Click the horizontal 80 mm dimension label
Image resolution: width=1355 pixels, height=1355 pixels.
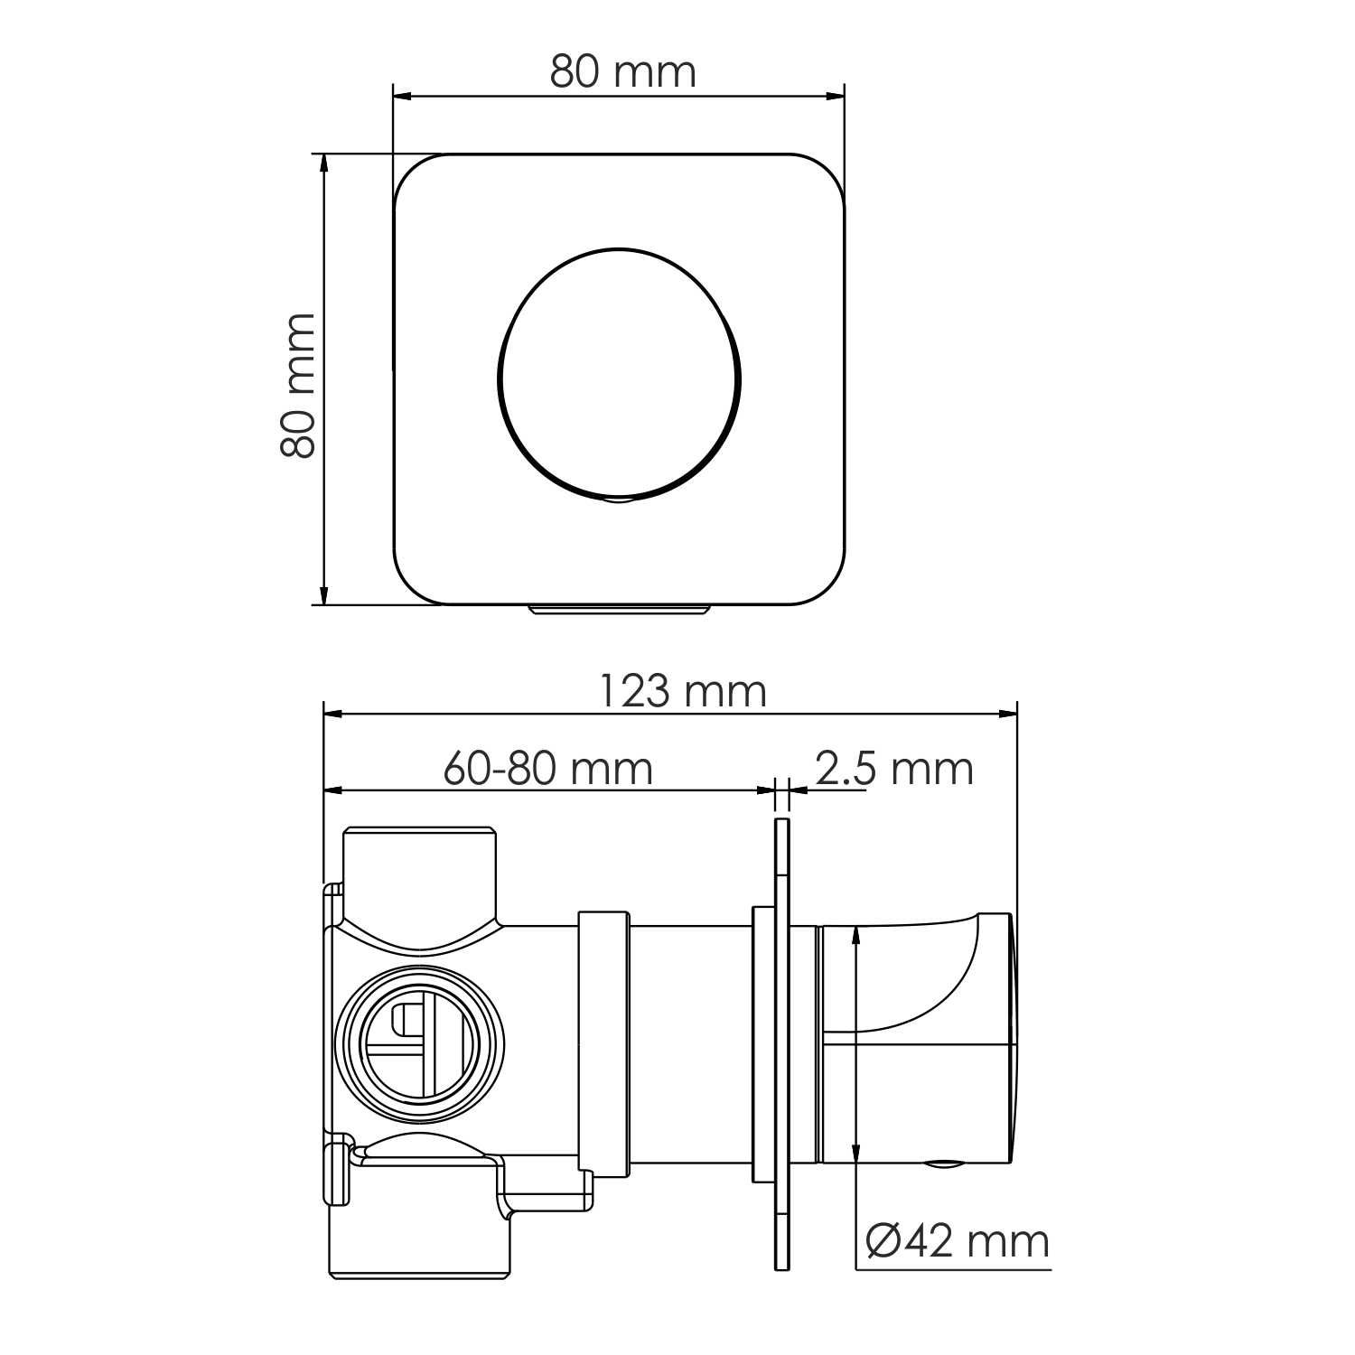tap(623, 71)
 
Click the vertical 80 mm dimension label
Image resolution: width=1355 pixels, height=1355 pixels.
tap(298, 386)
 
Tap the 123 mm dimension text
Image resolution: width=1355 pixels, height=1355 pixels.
tap(683, 692)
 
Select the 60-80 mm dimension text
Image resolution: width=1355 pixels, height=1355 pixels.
tap(547, 769)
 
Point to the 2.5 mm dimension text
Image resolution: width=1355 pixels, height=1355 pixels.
tap(894, 769)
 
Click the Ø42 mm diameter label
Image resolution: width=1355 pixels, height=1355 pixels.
tap(958, 1241)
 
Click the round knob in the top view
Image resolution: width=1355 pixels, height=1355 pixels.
tap(620, 374)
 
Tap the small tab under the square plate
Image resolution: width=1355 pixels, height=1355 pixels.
tap(619, 610)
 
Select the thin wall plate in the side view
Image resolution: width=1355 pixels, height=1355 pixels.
tap(781, 1044)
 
